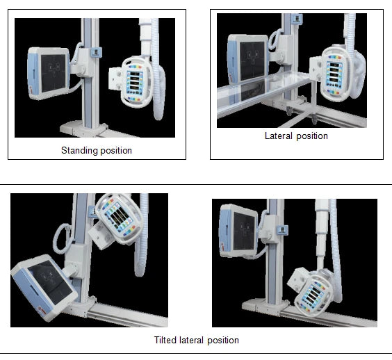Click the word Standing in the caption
(x=79, y=151)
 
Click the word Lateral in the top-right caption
(x=278, y=136)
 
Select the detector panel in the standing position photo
(x=48, y=74)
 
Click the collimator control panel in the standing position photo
(x=135, y=83)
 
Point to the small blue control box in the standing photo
(x=97, y=52)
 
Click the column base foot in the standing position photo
(x=83, y=129)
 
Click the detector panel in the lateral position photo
(x=247, y=59)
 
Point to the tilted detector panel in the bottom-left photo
(x=44, y=288)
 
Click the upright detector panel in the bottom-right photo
(x=238, y=231)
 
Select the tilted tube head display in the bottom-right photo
(x=313, y=295)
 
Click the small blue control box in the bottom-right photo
(x=282, y=230)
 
